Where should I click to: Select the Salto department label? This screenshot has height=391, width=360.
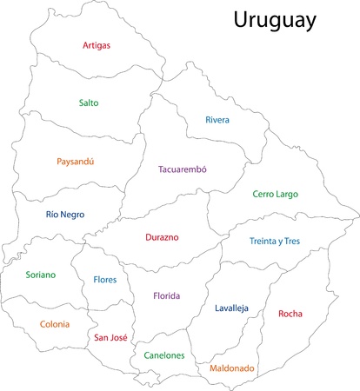tap(89, 103)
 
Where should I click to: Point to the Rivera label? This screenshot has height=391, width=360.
tap(217, 120)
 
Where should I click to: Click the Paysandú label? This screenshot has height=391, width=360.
tap(75, 162)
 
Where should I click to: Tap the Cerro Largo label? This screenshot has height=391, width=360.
tap(275, 194)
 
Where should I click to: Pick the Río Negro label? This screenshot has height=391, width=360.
tap(65, 214)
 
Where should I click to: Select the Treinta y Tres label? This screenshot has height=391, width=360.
tap(274, 241)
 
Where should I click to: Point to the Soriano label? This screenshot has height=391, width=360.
tap(40, 275)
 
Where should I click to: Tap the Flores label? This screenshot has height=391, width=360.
tap(111, 280)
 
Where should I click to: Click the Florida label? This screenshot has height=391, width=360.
tap(167, 296)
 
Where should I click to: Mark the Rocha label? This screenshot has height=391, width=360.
tap(290, 314)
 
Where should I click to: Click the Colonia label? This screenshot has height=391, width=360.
tap(55, 324)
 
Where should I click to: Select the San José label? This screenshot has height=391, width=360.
tap(111, 338)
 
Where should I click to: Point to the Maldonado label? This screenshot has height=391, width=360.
tap(232, 368)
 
